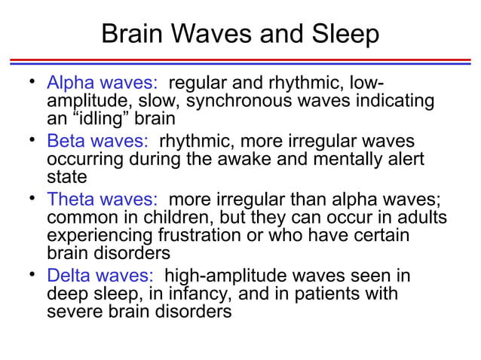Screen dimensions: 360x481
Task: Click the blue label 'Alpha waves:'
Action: click(x=103, y=83)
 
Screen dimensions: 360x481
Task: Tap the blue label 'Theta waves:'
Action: click(x=103, y=200)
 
